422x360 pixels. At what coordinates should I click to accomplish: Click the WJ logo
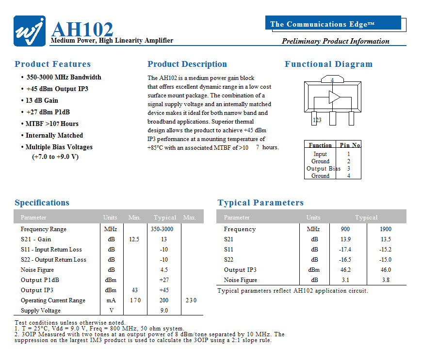[30, 31]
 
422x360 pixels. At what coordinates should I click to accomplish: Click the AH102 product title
[82, 29]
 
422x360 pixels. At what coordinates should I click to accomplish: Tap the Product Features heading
[52, 64]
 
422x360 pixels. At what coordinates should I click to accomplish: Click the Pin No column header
[350, 145]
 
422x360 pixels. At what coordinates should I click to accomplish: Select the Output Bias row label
[324, 169]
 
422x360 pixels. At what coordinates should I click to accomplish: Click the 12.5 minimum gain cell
[134, 239]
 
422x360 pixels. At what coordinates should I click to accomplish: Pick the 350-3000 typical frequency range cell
[162, 229]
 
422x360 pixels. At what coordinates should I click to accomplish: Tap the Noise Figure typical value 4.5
[164, 270]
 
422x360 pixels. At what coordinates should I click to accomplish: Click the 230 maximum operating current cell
[191, 300]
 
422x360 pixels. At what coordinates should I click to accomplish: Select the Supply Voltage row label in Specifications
[41, 311]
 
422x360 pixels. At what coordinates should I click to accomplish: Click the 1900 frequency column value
[386, 229]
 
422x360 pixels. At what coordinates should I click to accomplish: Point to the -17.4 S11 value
[345, 250]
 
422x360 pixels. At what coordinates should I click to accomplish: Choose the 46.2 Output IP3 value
[345, 270]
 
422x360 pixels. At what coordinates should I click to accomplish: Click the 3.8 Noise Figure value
[386, 280]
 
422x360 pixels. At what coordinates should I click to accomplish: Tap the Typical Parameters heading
[260, 203]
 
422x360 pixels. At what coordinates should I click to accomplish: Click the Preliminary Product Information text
[336, 41]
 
